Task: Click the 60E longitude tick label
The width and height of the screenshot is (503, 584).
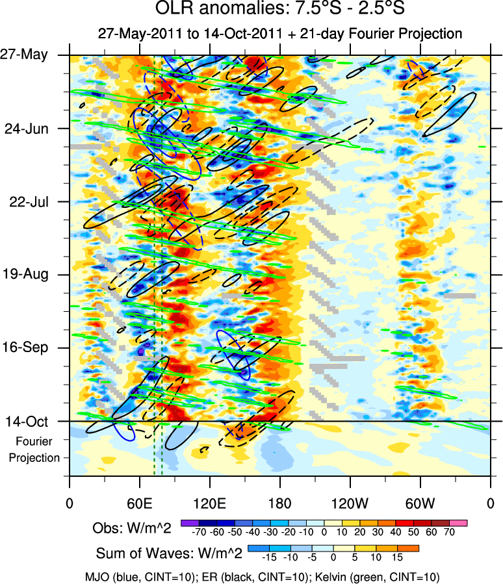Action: [x=139, y=503]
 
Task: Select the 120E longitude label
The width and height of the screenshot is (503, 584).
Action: [x=209, y=503]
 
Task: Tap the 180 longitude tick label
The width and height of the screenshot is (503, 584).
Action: [x=279, y=503]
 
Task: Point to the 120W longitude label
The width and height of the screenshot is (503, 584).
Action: [x=350, y=503]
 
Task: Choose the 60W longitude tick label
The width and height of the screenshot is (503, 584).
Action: [x=420, y=503]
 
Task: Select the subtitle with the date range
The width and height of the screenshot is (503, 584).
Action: [x=280, y=34]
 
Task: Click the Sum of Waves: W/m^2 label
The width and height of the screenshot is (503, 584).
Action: [x=169, y=553]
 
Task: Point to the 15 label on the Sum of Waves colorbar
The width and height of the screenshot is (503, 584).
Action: [x=396, y=557]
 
